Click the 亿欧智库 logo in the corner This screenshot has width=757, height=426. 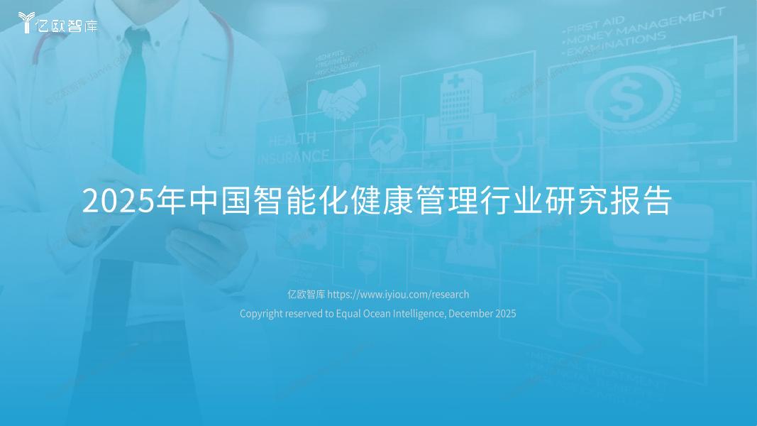(x=57, y=23)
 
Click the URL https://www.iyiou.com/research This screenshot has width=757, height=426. (x=398, y=295)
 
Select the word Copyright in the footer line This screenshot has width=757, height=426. (x=261, y=314)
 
